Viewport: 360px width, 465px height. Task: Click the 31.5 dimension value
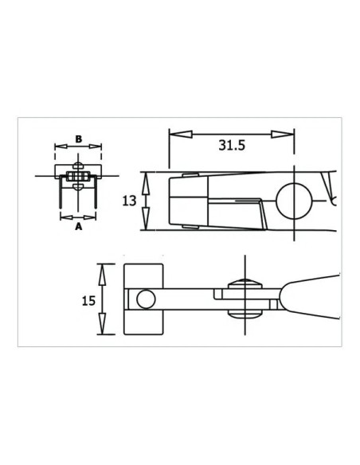[x=232, y=145]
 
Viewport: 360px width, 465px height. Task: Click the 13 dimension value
[x=129, y=201]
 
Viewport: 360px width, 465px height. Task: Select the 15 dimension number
[x=88, y=301]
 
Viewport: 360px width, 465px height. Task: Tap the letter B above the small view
[x=78, y=139]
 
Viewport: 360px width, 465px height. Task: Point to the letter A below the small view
[x=78, y=227]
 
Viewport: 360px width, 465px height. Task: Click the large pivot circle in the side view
[x=294, y=201]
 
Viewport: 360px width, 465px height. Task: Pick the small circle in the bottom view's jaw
[x=146, y=299]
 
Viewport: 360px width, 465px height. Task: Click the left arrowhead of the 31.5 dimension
[x=181, y=135]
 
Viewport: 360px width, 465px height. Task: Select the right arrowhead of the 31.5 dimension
[x=283, y=135]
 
